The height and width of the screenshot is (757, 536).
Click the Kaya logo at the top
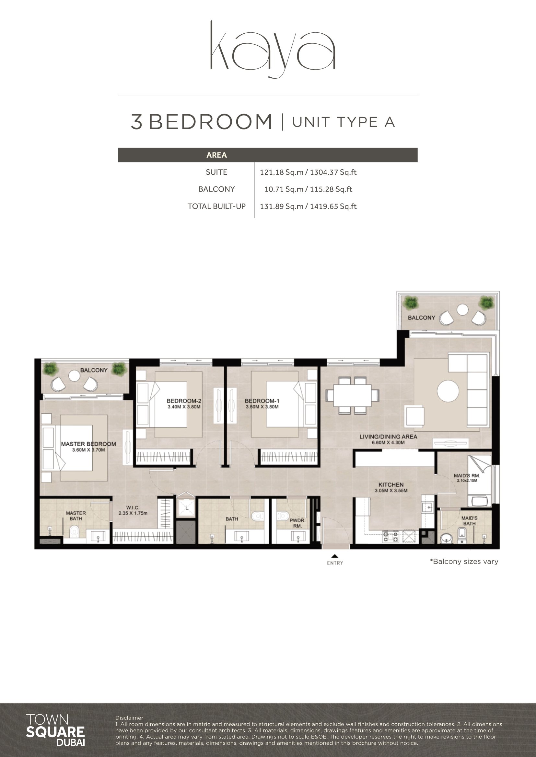point(273,50)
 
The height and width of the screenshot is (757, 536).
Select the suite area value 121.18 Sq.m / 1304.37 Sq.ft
point(308,172)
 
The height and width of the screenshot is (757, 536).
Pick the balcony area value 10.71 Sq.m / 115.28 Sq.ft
point(308,189)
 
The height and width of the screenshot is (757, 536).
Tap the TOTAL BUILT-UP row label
point(216,206)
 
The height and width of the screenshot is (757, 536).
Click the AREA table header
point(216,155)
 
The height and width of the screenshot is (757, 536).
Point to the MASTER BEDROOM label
point(88,444)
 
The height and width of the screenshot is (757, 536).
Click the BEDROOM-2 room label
point(184,401)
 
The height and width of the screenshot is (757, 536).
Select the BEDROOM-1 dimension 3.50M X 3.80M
point(262,407)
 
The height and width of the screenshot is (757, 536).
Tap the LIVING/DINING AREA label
point(388,437)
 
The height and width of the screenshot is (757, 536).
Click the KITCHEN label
point(391,485)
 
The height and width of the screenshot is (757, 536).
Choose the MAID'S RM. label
point(467,476)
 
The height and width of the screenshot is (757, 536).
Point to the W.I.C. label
point(133,508)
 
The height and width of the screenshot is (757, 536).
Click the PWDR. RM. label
point(297,523)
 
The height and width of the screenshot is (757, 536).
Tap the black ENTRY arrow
point(335,556)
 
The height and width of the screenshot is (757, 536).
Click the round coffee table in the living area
point(448,391)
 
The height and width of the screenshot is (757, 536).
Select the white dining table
point(353,395)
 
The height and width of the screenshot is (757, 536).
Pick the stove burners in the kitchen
point(391,537)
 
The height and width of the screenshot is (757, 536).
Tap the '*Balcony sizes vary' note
point(464,562)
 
